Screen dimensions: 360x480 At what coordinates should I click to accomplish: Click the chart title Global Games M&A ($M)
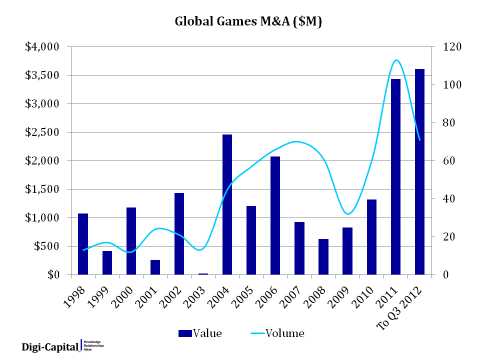coord(247,22)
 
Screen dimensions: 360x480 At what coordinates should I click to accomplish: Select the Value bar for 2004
coord(227,204)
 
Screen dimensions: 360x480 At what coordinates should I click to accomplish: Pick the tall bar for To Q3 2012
coord(419,172)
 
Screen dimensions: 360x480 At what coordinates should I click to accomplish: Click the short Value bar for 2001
coord(155,267)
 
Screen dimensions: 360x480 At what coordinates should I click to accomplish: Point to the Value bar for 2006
coord(275,215)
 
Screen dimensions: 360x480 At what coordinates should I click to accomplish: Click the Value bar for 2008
coord(324,257)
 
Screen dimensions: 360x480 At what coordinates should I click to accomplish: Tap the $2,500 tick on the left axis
coord(42,132)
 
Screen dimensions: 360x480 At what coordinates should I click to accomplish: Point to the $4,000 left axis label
coord(42,47)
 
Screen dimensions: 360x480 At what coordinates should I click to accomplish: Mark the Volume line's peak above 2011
coord(396,60)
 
